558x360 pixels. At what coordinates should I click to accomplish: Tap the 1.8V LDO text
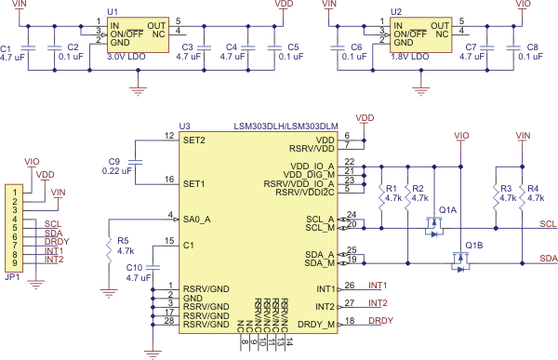point(408,57)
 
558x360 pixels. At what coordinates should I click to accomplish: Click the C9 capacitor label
point(114,159)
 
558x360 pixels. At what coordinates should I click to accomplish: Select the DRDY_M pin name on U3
point(313,323)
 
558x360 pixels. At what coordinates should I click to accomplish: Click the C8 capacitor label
point(533,46)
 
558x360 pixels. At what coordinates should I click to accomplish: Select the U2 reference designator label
point(397,10)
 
